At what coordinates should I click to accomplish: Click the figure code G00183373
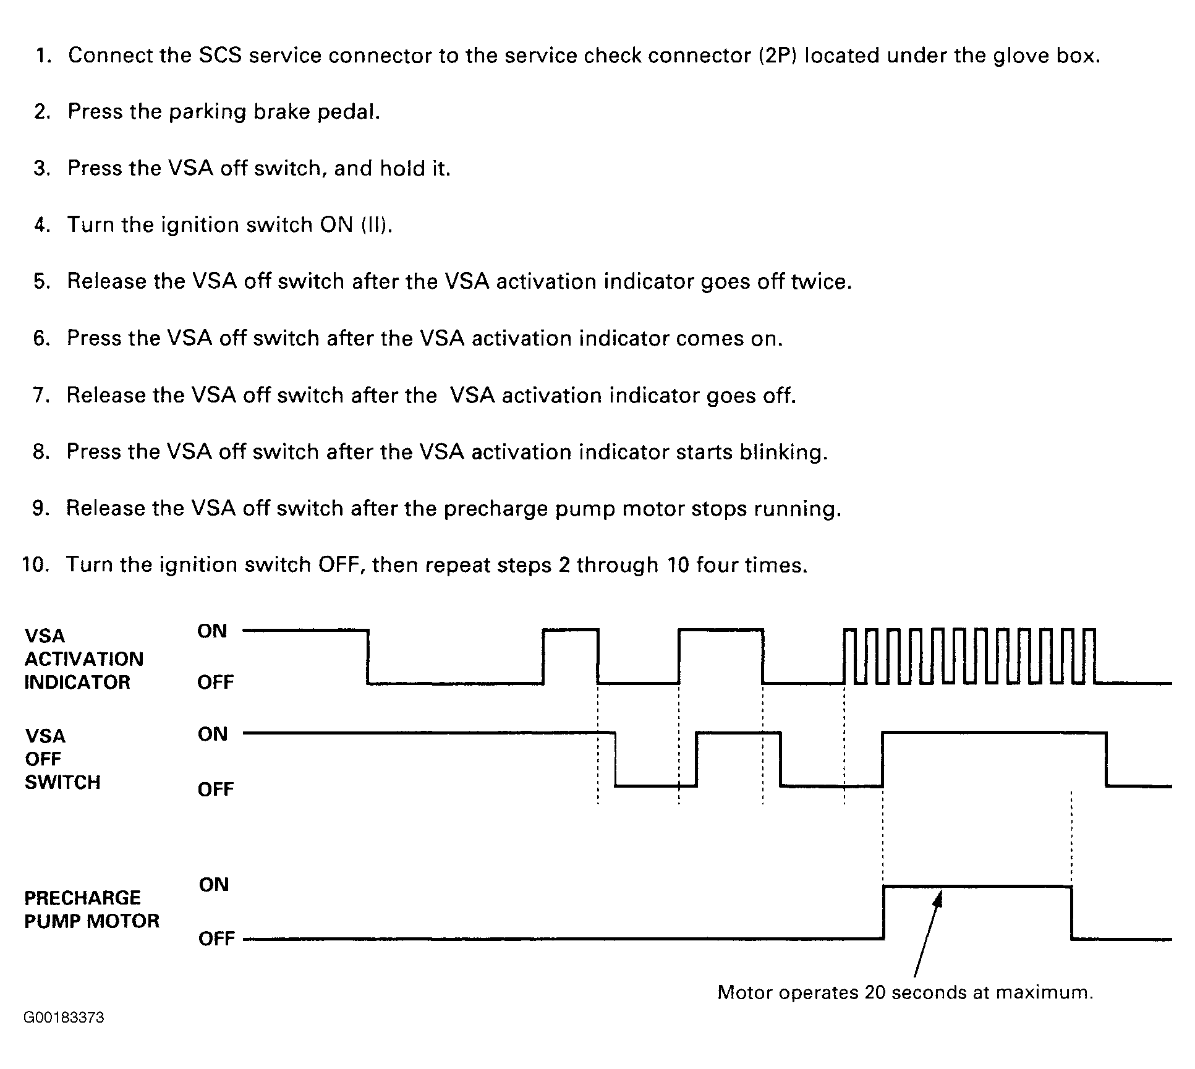pos(64,1018)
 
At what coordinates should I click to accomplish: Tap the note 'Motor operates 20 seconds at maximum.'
pos(905,992)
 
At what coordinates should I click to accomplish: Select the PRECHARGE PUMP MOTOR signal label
pos(91,909)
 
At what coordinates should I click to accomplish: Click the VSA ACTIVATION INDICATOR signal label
pos(83,659)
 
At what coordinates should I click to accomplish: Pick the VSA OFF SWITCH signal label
pos(62,759)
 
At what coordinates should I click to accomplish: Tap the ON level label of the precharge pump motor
pos(214,885)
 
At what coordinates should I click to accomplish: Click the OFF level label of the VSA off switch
pos(215,790)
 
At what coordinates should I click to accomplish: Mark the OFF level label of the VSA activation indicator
pos(215,683)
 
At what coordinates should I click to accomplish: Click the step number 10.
pos(35,565)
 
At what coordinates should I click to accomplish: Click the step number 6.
pos(41,339)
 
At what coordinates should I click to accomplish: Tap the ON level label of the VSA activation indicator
pos(212,631)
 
